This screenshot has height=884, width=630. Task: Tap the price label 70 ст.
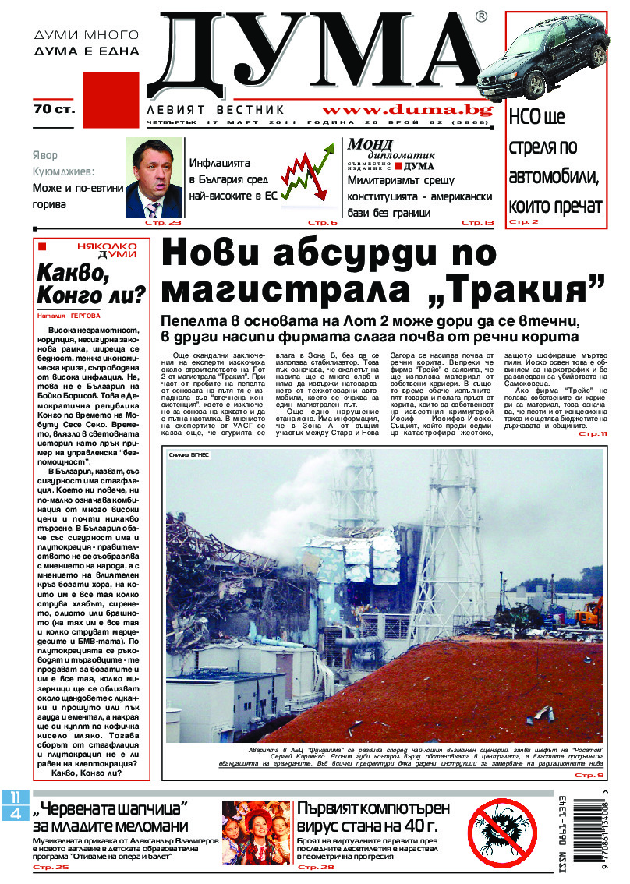[54, 110]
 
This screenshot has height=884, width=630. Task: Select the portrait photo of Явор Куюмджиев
[154, 178]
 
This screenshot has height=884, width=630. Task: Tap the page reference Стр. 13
[477, 223]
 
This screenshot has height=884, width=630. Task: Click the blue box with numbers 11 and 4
[16, 804]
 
